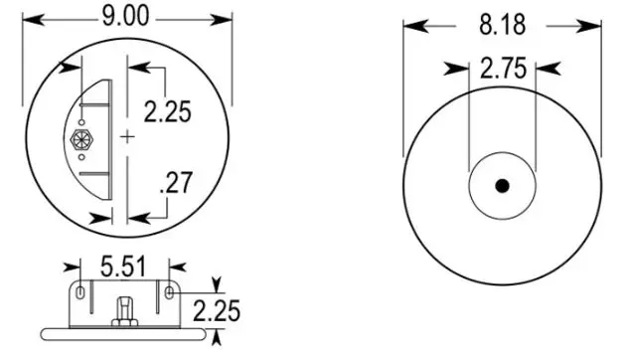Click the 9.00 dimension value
(x=125, y=17)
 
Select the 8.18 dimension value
(x=502, y=25)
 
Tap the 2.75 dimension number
(x=504, y=69)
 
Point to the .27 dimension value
(x=176, y=183)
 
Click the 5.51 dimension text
(x=123, y=268)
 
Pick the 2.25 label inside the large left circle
(x=167, y=111)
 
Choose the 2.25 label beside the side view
(x=217, y=311)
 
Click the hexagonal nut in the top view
(x=81, y=139)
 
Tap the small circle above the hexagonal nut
(x=81, y=122)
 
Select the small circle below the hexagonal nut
(x=81, y=157)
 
